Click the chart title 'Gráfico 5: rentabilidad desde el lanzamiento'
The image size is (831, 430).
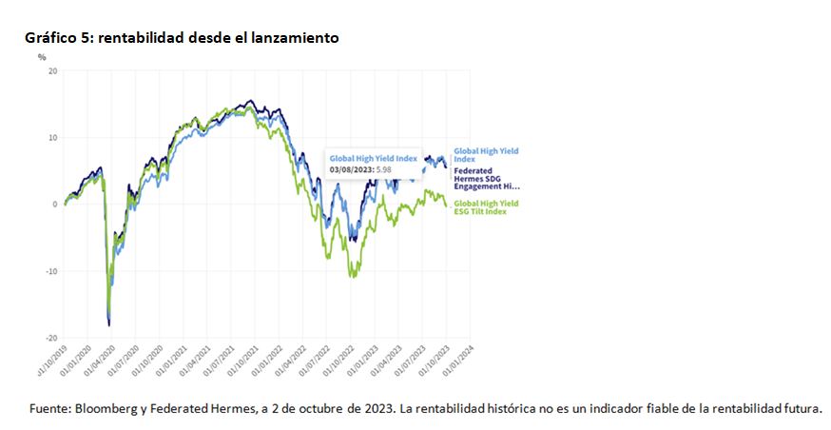182,37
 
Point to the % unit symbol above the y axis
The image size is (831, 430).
42,57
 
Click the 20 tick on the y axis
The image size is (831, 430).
53,70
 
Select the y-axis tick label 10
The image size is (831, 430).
53,137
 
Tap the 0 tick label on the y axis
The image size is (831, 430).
56,204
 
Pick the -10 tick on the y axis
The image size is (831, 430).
52,270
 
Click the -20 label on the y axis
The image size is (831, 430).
52,337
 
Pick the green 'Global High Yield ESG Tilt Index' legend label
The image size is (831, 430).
485,207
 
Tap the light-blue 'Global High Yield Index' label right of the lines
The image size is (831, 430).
486,153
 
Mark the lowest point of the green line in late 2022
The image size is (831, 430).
354,277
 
